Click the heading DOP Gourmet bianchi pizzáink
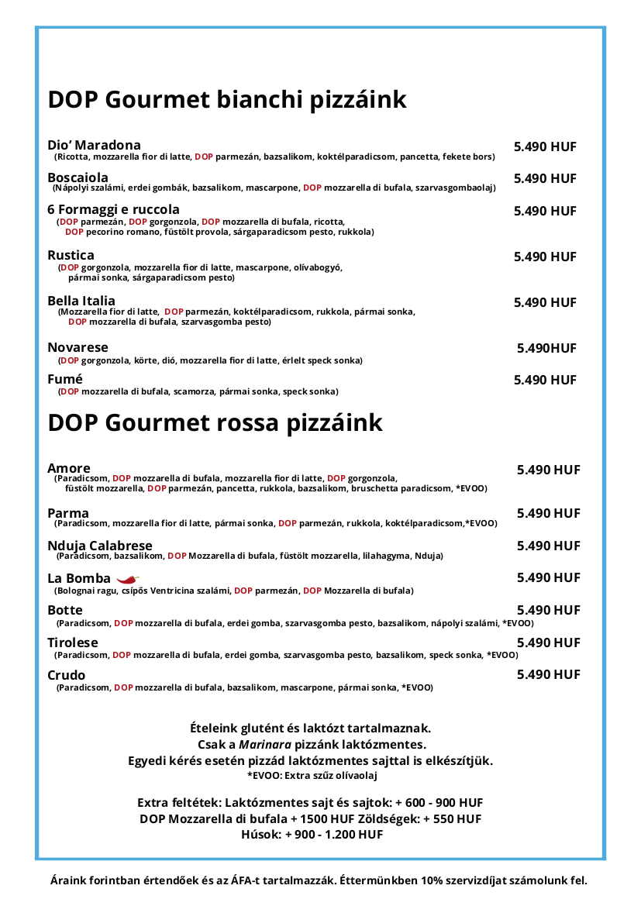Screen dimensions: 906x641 (x=227, y=100)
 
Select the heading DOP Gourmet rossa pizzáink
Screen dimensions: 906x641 (x=215, y=423)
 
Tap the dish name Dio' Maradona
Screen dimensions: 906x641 (x=94, y=145)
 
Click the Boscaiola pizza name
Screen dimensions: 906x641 (x=78, y=178)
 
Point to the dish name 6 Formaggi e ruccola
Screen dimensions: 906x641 (x=113, y=209)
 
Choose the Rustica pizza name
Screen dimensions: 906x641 (x=71, y=255)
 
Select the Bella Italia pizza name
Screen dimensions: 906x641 (x=81, y=301)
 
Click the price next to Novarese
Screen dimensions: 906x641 (x=546, y=348)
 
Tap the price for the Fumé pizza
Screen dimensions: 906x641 (x=545, y=380)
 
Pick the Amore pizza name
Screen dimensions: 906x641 (x=69, y=468)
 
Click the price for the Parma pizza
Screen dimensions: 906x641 (x=548, y=513)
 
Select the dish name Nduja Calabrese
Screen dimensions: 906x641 (x=100, y=546)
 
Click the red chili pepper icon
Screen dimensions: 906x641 (x=127, y=578)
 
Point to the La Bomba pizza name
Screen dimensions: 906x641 (x=79, y=578)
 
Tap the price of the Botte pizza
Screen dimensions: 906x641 (x=548, y=610)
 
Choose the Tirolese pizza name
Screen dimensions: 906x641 (x=73, y=642)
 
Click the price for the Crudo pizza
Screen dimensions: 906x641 (x=548, y=674)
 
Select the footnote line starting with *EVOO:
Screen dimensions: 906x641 (x=312, y=775)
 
